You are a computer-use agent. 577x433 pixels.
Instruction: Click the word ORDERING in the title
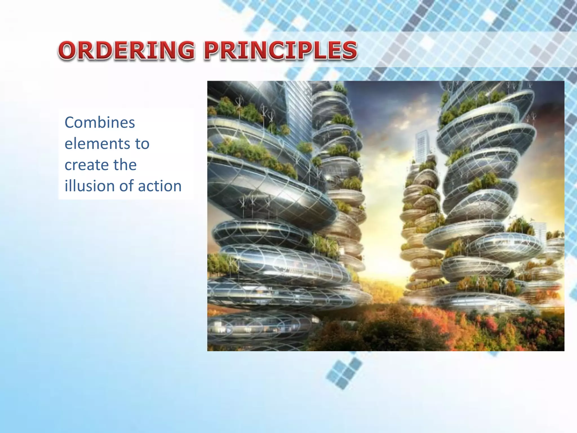(126, 50)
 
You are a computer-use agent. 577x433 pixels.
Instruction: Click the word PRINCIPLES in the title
(281, 50)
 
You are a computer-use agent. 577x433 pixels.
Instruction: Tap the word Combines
(100, 123)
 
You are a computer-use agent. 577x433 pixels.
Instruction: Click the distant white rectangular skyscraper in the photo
(422, 147)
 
